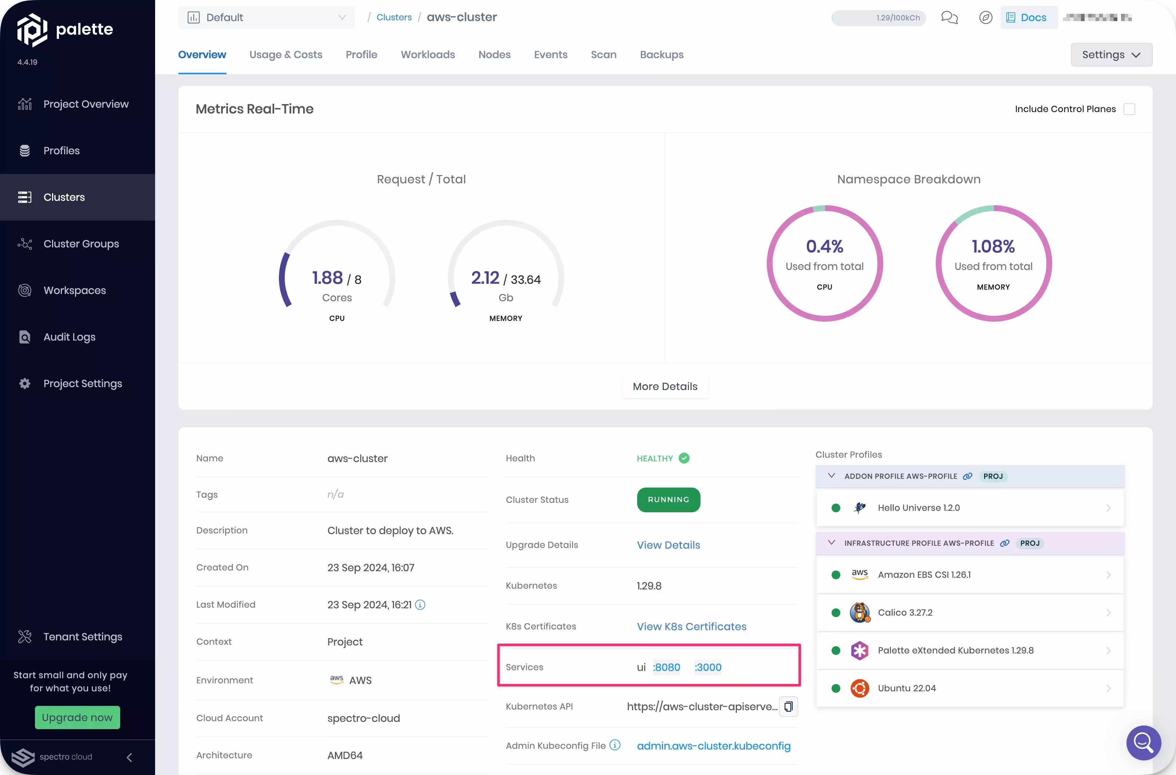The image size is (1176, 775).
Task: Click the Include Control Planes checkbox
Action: pyautogui.click(x=1129, y=109)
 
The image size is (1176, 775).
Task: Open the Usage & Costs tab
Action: pyautogui.click(x=286, y=55)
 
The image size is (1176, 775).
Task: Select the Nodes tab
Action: pyautogui.click(x=494, y=55)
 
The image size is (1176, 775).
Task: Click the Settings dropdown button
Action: pyautogui.click(x=1111, y=55)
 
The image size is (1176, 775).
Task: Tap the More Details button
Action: pyautogui.click(x=665, y=386)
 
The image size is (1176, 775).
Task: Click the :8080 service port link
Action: pyautogui.click(x=667, y=667)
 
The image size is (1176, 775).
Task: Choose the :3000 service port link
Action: pyautogui.click(x=708, y=667)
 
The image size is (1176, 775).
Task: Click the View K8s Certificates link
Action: pyautogui.click(x=691, y=627)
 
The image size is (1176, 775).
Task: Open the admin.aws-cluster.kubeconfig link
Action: pyautogui.click(x=713, y=746)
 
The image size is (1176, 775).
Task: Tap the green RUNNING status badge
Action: pyautogui.click(x=668, y=500)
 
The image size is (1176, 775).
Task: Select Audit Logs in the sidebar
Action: pyautogui.click(x=69, y=337)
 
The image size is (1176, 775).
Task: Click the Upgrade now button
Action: pyautogui.click(x=77, y=718)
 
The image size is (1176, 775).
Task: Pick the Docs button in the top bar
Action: pyautogui.click(x=1028, y=18)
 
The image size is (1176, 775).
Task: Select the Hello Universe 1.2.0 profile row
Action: pyautogui.click(x=969, y=508)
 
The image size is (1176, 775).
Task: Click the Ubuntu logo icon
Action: pyautogui.click(x=860, y=688)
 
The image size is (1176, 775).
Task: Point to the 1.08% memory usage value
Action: pyautogui.click(x=993, y=246)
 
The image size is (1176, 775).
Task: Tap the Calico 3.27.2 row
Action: pyautogui.click(x=969, y=613)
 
